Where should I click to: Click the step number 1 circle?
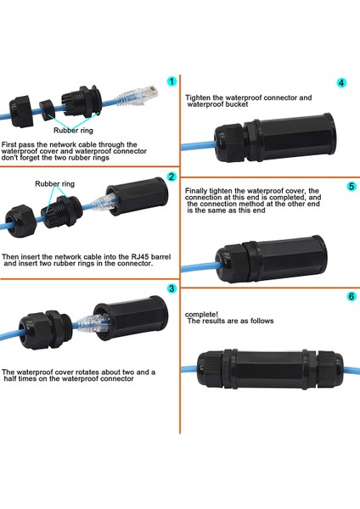click(172, 82)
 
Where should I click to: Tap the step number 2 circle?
click(172, 177)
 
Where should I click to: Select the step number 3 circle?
click(172, 288)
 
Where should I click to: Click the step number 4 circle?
click(340, 84)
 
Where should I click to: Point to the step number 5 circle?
click(340, 185)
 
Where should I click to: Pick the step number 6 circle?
click(340, 297)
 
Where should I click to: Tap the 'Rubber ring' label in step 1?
click(74, 131)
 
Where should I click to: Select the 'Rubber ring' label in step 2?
click(54, 182)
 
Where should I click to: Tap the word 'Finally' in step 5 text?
click(198, 191)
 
